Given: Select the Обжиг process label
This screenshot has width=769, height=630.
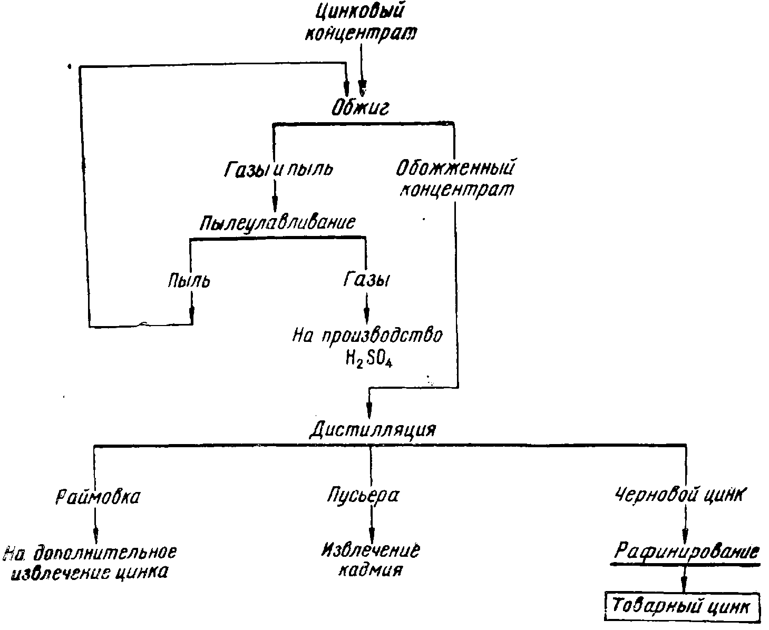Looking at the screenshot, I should [x=360, y=107].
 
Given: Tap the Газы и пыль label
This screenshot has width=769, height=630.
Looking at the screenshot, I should [x=278, y=169].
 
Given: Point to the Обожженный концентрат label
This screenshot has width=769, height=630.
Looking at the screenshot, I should [x=456, y=179].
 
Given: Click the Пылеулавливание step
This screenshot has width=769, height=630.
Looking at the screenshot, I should [x=277, y=222].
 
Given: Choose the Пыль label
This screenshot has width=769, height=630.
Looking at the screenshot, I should [x=189, y=280].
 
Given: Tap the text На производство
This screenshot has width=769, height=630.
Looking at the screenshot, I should [x=367, y=336].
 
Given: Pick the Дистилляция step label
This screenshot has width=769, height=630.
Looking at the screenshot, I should [x=372, y=429].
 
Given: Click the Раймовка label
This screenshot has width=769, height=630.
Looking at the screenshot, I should [x=98, y=497].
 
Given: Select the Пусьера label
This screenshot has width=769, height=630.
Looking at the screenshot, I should [x=363, y=496].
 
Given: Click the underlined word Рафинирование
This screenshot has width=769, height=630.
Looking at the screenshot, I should [x=686, y=552].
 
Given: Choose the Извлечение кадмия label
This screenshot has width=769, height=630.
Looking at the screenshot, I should [x=371, y=560].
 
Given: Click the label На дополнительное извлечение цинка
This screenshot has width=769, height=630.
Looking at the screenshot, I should [x=90, y=563].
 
